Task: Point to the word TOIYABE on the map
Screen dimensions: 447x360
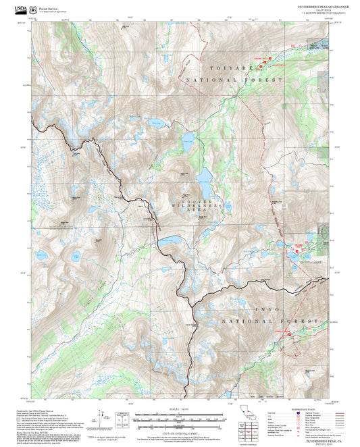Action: [220, 68]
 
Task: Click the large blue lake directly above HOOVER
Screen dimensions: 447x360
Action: [203, 177]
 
